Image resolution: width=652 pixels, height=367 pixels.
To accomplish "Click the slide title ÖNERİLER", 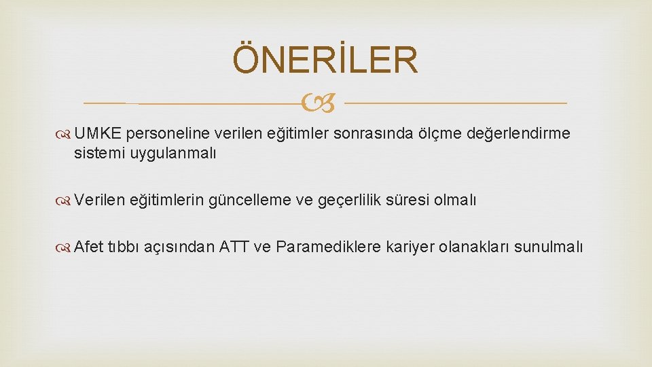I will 325,60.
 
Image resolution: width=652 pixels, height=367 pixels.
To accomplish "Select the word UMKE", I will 98,134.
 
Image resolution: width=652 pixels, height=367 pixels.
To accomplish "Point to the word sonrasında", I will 367,134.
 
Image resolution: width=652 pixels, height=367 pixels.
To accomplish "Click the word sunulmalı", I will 549,246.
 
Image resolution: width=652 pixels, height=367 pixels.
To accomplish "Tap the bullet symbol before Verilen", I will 66,200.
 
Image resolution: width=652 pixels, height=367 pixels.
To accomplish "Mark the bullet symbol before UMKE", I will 66,134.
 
